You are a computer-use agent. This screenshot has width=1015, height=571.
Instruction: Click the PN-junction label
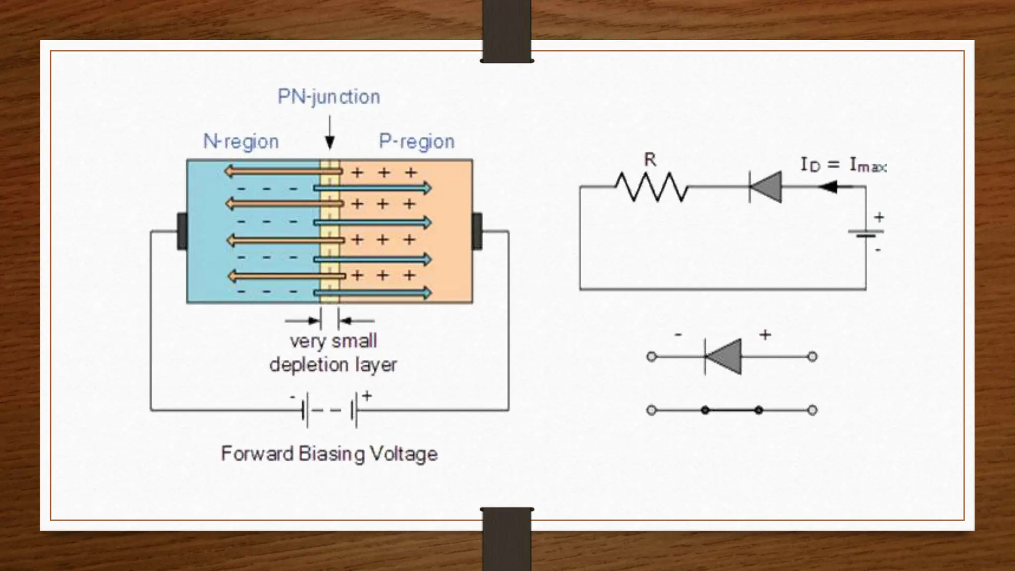pos(329,97)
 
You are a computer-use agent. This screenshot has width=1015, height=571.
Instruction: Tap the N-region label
pos(241,142)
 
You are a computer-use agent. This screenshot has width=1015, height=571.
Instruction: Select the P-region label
pos(416,142)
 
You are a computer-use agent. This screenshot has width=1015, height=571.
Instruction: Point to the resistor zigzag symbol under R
pos(651,187)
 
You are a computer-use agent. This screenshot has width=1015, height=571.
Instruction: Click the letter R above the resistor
pos(650,160)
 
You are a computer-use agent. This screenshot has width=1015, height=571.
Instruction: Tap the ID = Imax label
pos(843,165)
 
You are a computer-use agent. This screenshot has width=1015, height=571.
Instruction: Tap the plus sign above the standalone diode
pos(765,336)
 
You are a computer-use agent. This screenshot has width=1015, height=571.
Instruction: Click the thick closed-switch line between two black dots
pos(732,410)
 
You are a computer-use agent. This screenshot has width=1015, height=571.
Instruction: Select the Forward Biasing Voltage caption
pos(329,454)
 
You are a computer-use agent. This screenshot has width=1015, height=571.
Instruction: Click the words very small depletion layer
pos(333,353)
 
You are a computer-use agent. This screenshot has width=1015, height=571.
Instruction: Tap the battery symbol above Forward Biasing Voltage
pos(330,410)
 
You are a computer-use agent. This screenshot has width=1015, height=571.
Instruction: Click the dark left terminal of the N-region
pos(182,231)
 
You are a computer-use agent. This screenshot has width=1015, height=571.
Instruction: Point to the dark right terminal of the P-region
pos(477,231)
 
